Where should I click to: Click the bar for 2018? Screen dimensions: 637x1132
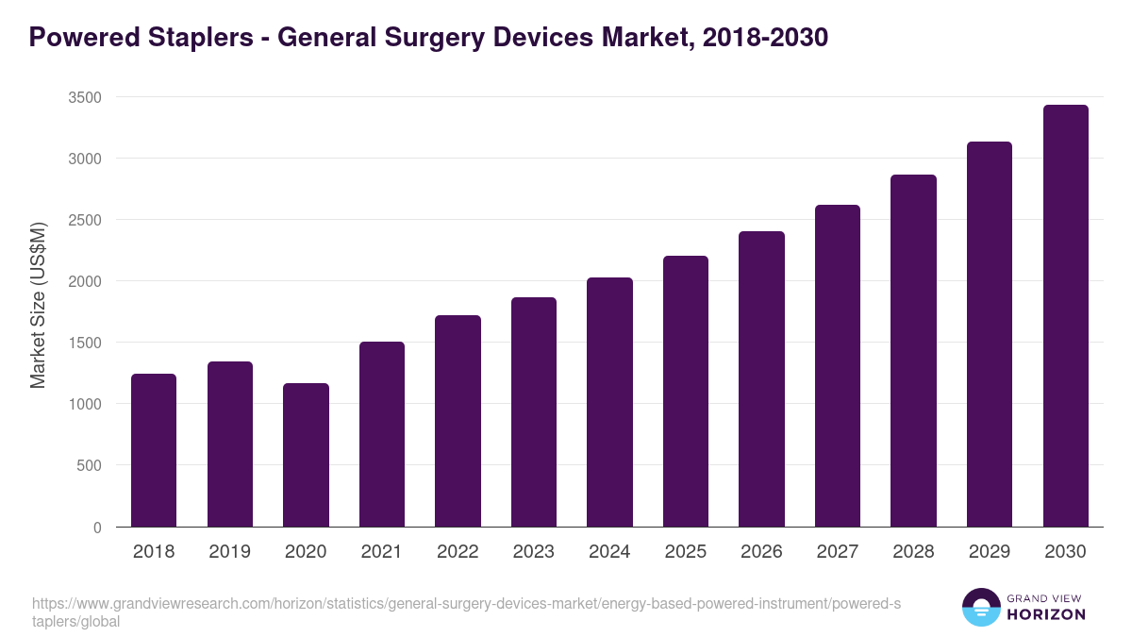pyautogui.click(x=154, y=450)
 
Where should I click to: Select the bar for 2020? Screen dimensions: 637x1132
pyautogui.click(x=306, y=455)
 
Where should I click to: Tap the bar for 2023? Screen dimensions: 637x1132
pyautogui.click(x=533, y=411)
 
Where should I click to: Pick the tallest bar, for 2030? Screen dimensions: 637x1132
pyautogui.click(x=1065, y=315)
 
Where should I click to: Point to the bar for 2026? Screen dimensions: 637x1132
pyautogui.click(x=761, y=378)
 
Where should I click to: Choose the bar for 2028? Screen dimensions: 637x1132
pyautogui.click(x=913, y=350)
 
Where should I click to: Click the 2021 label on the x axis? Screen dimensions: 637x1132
pyautogui.click(x=381, y=551)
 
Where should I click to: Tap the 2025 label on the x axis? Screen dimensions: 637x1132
pyautogui.click(x=685, y=551)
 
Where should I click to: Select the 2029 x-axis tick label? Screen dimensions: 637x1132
pyautogui.click(x=989, y=551)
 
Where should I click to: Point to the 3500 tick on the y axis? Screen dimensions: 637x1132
pyautogui.click(x=84, y=97)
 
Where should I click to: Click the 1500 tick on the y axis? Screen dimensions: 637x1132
pyautogui.click(x=84, y=343)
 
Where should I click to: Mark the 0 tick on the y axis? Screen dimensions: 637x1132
pyautogui.click(x=97, y=527)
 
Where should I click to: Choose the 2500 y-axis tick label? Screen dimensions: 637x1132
pyautogui.click(x=84, y=220)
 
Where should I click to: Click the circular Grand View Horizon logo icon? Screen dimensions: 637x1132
pyautogui.click(x=981, y=607)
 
